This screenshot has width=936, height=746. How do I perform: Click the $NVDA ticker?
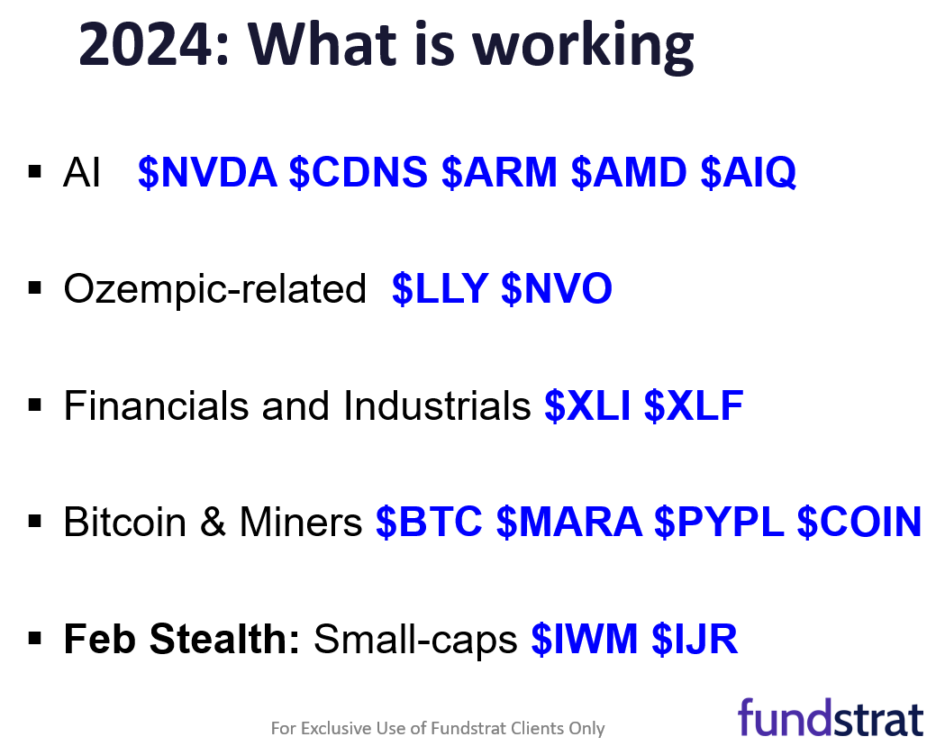(207, 172)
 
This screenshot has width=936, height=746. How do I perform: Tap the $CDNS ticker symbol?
(359, 172)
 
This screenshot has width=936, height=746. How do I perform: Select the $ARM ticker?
(500, 172)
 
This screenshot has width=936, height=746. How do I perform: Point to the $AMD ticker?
(629, 172)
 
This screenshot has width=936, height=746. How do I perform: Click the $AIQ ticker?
(749, 172)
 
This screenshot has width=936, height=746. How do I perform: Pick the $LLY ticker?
(441, 289)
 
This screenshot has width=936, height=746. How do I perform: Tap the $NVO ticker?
(557, 289)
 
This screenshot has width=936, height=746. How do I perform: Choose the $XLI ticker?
(587, 405)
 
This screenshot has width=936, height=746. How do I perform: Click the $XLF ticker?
(694, 405)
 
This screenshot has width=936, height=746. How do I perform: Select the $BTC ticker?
(429, 523)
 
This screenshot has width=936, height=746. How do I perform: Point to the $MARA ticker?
(569, 523)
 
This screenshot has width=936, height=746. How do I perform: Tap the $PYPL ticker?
(719, 523)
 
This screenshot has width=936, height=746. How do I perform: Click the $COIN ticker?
(859, 523)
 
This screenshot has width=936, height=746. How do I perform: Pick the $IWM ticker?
(585, 639)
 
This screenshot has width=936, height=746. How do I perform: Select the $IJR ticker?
(695, 639)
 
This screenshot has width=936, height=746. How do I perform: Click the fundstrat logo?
(831, 718)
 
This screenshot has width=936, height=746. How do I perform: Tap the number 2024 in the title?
(146, 44)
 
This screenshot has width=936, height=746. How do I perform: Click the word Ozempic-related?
(215, 289)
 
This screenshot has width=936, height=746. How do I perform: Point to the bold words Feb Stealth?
(181, 639)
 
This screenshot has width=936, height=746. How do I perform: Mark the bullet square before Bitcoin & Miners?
(35, 522)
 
